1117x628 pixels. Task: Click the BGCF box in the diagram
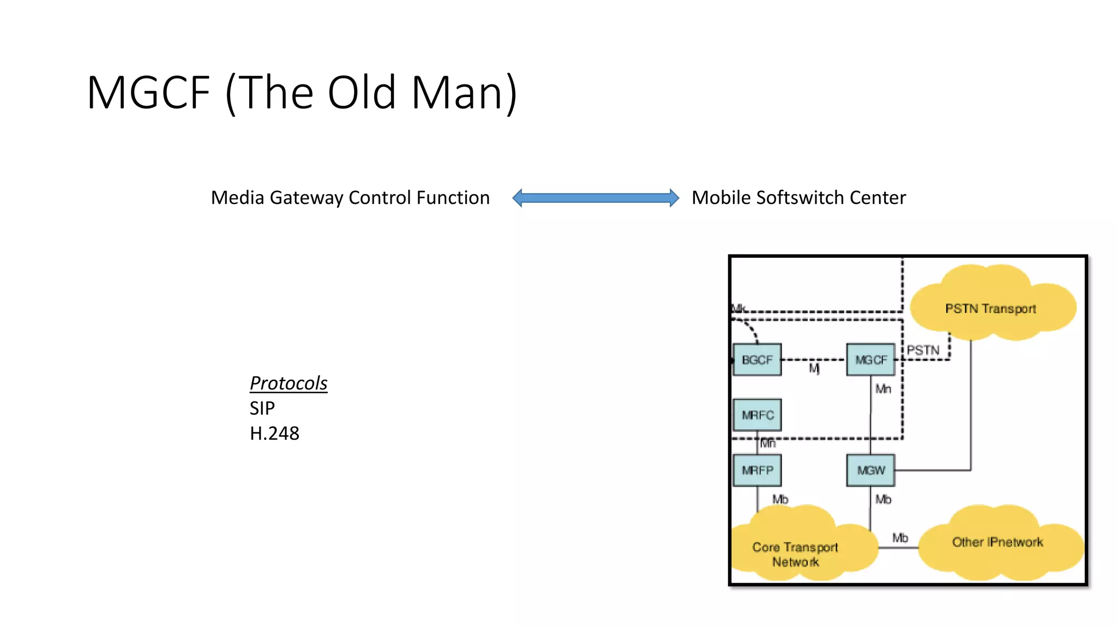[x=757, y=360]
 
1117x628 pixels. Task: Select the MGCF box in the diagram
[x=870, y=360]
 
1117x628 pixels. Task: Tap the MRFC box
[x=757, y=415]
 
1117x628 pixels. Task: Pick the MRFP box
[x=757, y=470]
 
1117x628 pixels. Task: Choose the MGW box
[x=870, y=470]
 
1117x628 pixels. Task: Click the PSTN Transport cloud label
[x=990, y=309]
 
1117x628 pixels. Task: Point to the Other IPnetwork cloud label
[x=998, y=542]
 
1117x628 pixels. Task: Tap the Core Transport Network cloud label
[x=795, y=554]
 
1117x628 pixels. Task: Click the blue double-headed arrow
[x=596, y=197]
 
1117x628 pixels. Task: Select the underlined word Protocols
[x=289, y=383]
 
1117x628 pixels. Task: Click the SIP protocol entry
[x=262, y=408]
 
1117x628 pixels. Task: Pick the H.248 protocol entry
[x=274, y=433]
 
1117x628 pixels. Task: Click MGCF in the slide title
[x=148, y=93]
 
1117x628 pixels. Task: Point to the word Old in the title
[x=362, y=93]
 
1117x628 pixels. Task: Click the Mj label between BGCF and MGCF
[x=814, y=369]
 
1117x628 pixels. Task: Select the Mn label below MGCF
[x=883, y=389]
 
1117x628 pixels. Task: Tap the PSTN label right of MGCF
[x=923, y=350]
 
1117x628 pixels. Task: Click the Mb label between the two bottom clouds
[x=900, y=538]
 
